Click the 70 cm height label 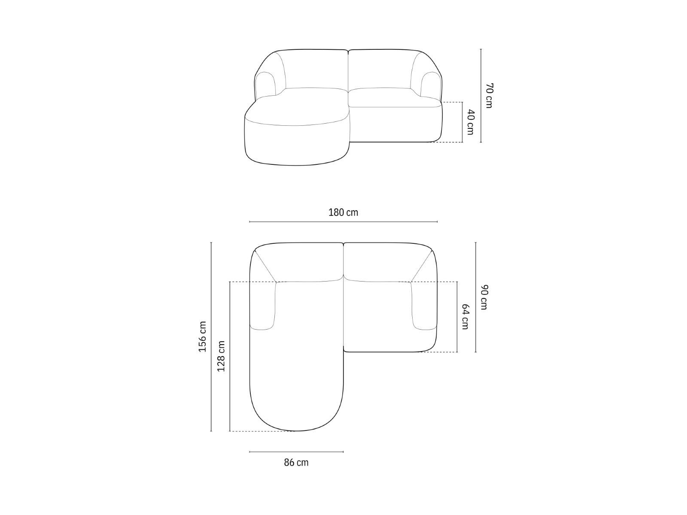pos(489,96)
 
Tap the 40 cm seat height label pos(471,122)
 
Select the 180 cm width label pos(343,212)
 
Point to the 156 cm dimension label pos(203,336)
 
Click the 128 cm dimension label pos(221,356)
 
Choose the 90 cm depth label pos(484,297)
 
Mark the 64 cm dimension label pos(465,317)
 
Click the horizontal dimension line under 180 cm pos(343,222)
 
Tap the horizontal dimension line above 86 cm pos(296,452)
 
